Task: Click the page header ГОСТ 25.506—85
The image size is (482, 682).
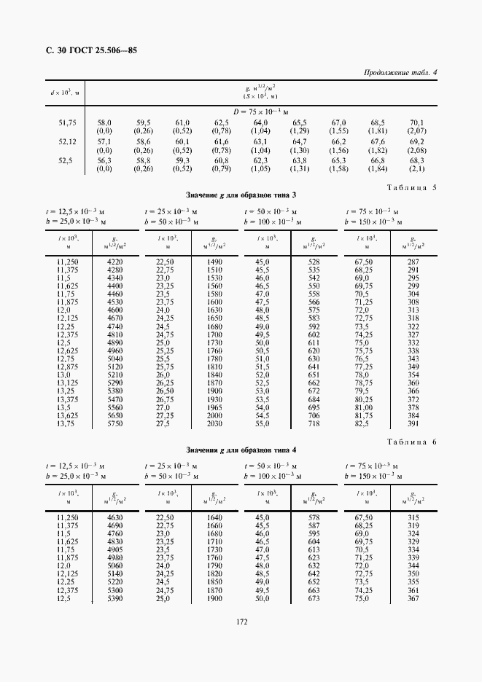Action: click(x=91, y=51)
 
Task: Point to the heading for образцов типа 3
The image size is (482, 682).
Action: click(x=241, y=195)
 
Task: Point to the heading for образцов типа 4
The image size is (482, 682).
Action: click(x=241, y=450)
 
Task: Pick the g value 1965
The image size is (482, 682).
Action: click(x=214, y=407)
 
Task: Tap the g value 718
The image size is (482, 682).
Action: click(x=314, y=423)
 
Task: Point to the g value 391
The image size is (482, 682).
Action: click(x=413, y=423)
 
